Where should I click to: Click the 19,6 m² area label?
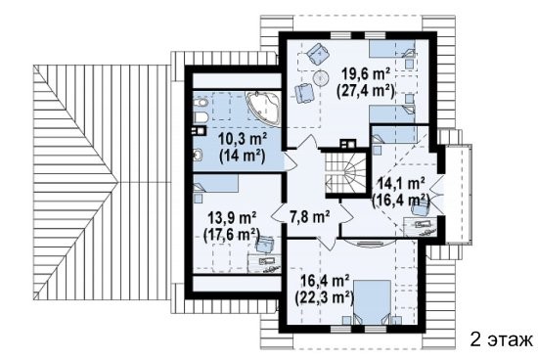click(366, 74)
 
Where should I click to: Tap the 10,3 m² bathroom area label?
click(244, 140)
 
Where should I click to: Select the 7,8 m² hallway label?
click(310, 217)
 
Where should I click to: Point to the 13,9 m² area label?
click(232, 217)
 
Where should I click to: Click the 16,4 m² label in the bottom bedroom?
click(325, 281)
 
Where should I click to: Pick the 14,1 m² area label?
click(400, 184)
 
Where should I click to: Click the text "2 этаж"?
click(501, 339)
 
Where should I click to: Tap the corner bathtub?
click(263, 109)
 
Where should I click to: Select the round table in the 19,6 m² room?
click(321, 77)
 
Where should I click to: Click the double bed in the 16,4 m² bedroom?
click(373, 302)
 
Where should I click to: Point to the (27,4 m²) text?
click(366, 91)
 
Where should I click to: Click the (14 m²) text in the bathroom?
click(243, 157)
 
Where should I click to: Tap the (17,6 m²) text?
click(231, 235)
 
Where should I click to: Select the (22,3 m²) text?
click(325, 297)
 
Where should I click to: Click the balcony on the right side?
click(459, 195)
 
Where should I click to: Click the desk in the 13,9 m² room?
click(264, 263)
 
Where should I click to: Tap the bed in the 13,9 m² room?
click(215, 183)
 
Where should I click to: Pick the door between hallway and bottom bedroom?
click(328, 242)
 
